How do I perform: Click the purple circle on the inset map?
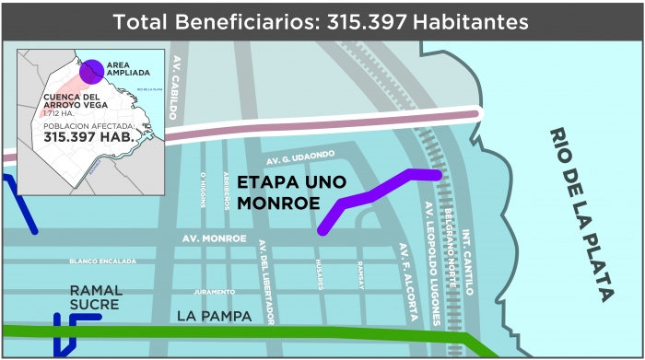coord(90,71)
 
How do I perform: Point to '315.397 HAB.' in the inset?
coord(88,135)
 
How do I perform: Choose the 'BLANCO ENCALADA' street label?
coord(102,261)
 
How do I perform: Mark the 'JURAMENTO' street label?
coord(214,292)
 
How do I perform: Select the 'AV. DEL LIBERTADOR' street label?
coord(267,282)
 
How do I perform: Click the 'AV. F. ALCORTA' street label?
coord(406,282)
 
